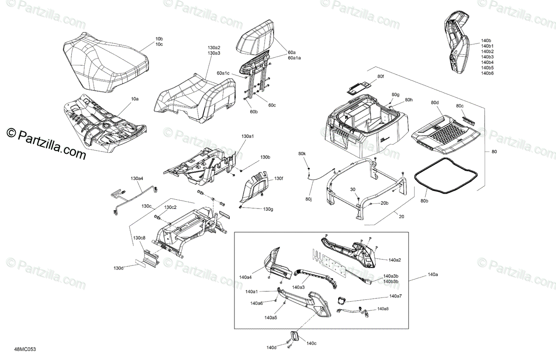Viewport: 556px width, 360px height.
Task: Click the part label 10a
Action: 134,99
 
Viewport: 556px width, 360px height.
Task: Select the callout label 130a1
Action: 248,137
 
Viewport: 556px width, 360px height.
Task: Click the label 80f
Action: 380,76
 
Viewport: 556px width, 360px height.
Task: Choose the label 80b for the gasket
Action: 424,201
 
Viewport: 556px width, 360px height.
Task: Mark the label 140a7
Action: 395,296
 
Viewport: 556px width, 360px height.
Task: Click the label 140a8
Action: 383,309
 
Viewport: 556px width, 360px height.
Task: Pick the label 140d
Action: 272,347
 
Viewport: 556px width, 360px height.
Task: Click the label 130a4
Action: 137,178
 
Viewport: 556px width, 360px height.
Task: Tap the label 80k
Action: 302,153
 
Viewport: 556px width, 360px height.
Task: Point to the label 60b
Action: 254,112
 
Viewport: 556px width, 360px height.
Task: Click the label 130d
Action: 119,268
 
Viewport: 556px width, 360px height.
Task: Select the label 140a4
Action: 246,277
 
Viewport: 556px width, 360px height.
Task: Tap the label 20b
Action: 385,203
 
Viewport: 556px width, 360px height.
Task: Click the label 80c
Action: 460,106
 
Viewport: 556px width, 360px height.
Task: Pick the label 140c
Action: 311,343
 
